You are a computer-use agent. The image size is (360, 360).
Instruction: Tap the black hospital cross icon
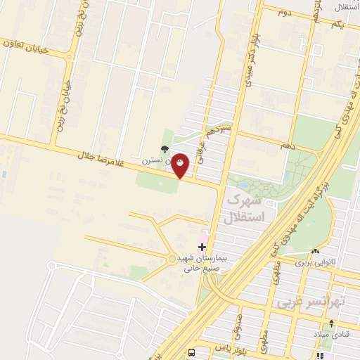202,247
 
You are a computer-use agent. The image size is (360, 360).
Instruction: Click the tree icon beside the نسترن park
164,149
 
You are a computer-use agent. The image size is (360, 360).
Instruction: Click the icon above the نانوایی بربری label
316,251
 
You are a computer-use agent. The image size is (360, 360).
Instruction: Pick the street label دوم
284,13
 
